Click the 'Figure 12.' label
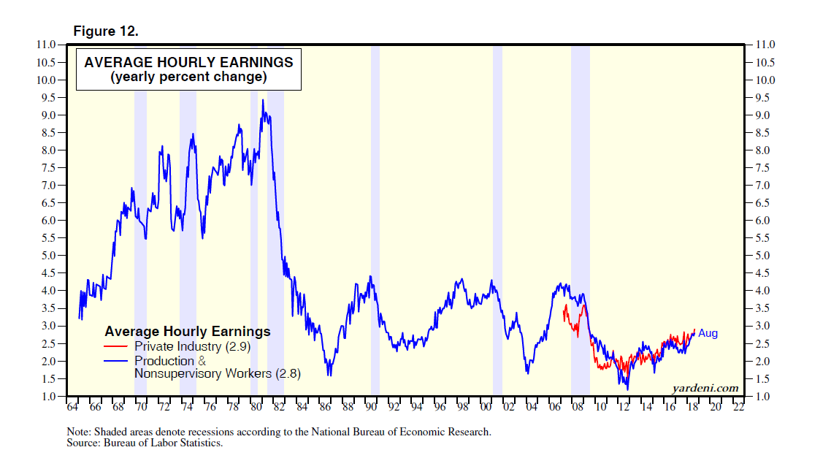pos(105,31)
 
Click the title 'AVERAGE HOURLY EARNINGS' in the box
pos(188,62)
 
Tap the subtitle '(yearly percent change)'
pos(188,77)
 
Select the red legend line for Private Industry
pos(117,347)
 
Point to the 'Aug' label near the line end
pos(708,333)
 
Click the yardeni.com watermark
pos(705,388)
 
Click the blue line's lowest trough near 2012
pos(627,389)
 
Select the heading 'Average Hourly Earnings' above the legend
pos(188,332)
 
